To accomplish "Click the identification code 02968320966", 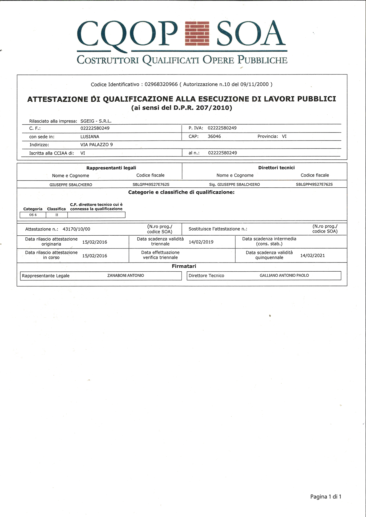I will (161, 84).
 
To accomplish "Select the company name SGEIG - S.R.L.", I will (96, 121).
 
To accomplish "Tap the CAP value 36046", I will (214, 137).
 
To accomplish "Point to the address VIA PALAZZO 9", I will (97, 145).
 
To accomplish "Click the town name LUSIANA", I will (90, 137).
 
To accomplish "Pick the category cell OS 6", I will (33, 215).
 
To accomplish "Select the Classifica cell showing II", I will (57, 215).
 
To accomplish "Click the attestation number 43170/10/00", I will (76, 229).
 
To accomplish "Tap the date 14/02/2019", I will (201, 242).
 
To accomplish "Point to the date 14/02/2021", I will (313, 255).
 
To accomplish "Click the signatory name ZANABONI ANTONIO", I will (126, 276).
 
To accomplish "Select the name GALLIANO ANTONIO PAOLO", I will (284, 276).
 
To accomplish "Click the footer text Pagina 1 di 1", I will (326, 497).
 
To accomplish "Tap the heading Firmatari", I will (184, 266).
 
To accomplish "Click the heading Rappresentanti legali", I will (111, 168).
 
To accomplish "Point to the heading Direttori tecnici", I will (276, 168).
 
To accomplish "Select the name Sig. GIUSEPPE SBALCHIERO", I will (234, 185).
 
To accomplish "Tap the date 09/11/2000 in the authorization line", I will (254, 84).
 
